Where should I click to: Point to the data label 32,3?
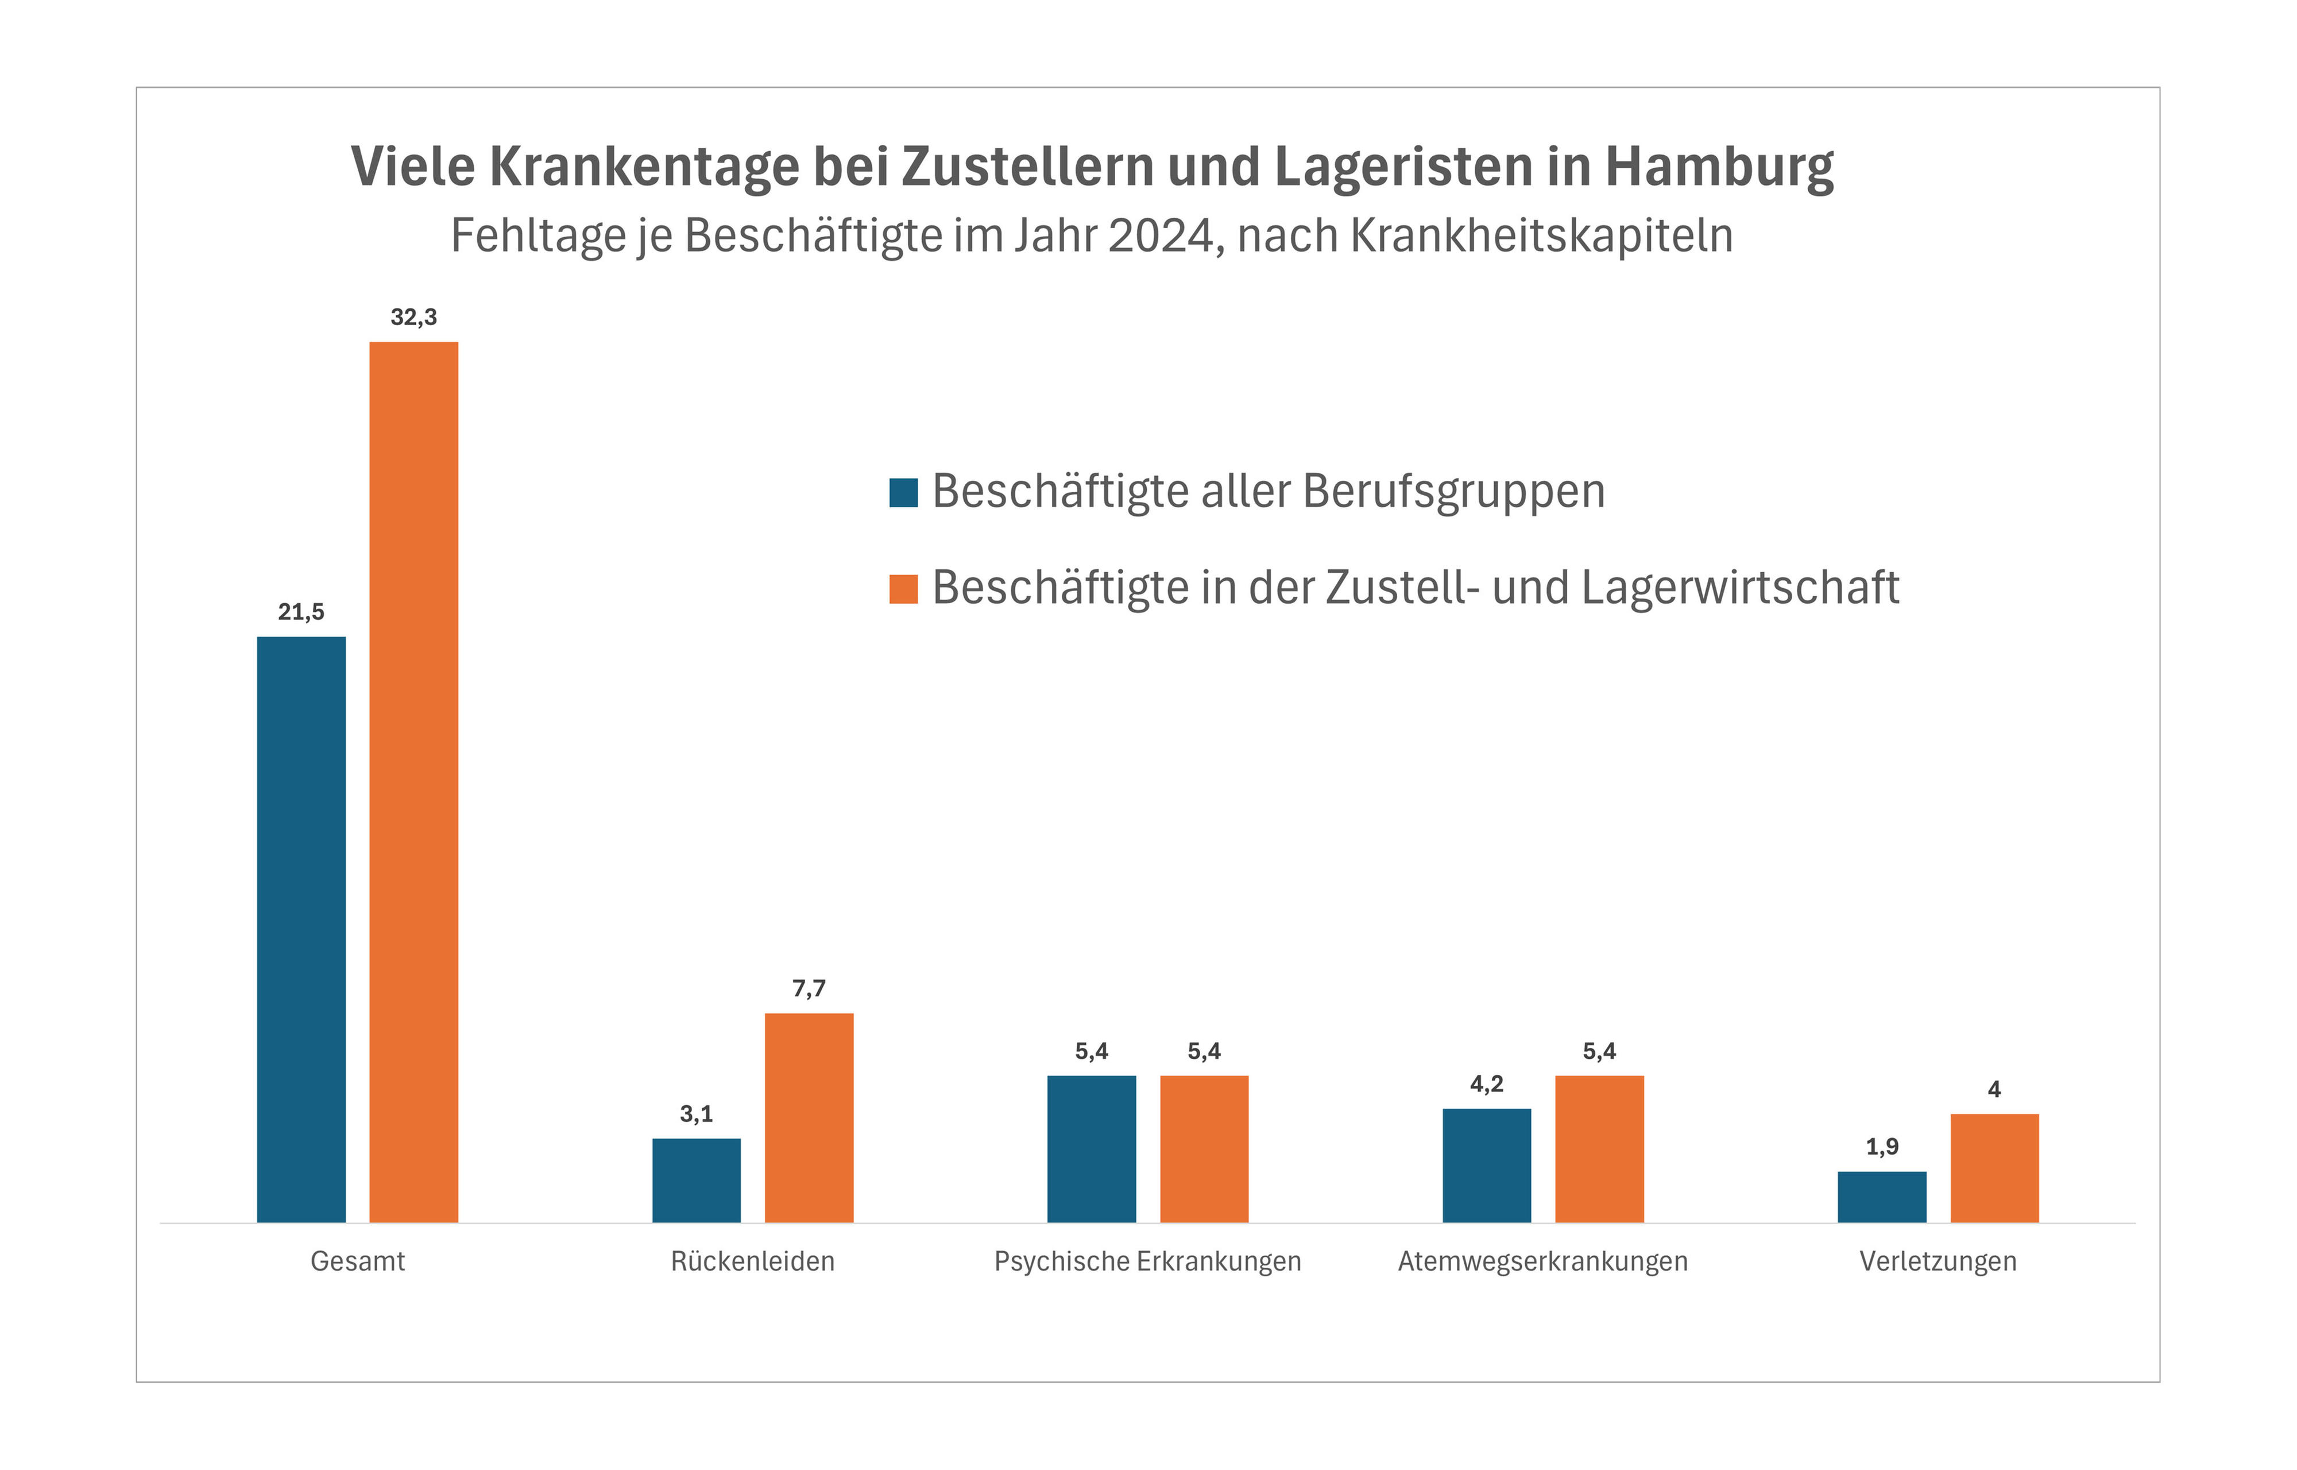click(413, 317)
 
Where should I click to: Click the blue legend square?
click(903, 492)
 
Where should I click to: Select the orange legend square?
click(903, 589)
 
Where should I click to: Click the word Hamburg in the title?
click(1718, 167)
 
